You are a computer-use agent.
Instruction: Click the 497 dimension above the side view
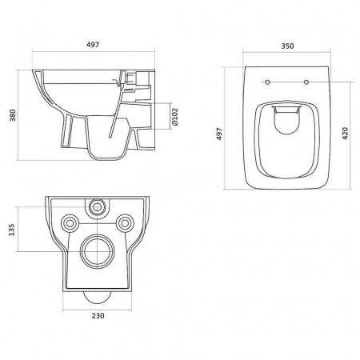[x=93, y=45]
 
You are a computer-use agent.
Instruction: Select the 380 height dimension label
[x=13, y=115]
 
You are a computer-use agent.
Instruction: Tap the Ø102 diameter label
[x=174, y=117]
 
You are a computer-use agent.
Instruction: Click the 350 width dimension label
[x=287, y=46]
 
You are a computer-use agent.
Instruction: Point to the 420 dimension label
[x=345, y=134]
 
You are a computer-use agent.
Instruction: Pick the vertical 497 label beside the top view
[x=219, y=134]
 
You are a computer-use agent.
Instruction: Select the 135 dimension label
[x=12, y=230]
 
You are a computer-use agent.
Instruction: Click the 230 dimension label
[x=98, y=316]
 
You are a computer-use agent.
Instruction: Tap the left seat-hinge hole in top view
[x=267, y=82]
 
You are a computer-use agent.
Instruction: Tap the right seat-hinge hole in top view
[x=306, y=82]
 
